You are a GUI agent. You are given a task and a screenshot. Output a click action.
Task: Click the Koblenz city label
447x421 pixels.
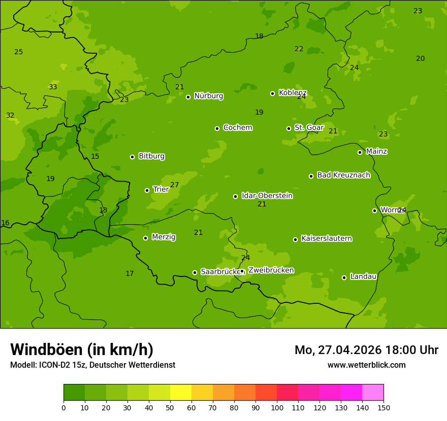(x=293, y=93)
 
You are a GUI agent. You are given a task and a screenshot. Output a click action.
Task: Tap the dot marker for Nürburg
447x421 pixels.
(x=188, y=97)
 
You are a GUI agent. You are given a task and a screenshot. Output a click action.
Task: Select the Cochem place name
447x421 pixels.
(x=237, y=128)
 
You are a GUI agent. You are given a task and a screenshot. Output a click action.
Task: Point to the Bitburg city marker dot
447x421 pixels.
(x=132, y=157)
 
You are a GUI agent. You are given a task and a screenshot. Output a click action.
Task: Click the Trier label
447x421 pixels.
(x=161, y=190)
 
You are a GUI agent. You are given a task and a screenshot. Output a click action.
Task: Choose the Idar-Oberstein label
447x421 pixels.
(x=267, y=196)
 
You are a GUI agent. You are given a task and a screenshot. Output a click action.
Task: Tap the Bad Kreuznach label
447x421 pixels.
(x=343, y=176)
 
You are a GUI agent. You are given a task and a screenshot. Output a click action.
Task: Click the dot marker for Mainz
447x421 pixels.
(x=360, y=152)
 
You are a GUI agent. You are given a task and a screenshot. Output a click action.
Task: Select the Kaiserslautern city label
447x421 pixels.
(x=326, y=239)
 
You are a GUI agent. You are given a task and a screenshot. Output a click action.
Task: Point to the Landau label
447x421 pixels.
(x=363, y=277)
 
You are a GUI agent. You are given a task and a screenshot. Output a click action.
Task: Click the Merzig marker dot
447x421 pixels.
(x=145, y=238)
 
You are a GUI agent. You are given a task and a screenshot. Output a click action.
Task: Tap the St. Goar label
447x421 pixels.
(x=309, y=128)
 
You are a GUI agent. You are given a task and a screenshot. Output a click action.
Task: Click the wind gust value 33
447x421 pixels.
(x=53, y=87)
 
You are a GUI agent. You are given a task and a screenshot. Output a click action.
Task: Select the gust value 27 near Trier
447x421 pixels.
(x=174, y=185)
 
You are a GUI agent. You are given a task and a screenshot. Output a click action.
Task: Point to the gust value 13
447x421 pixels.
(x=103, y=210)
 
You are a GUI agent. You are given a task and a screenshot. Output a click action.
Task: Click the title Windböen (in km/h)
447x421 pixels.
(x=82, y=349)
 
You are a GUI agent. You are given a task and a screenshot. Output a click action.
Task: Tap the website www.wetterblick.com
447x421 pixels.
(x=366, y=365)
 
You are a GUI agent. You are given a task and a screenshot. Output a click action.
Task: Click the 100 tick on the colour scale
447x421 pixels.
(x=277, y=407)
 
